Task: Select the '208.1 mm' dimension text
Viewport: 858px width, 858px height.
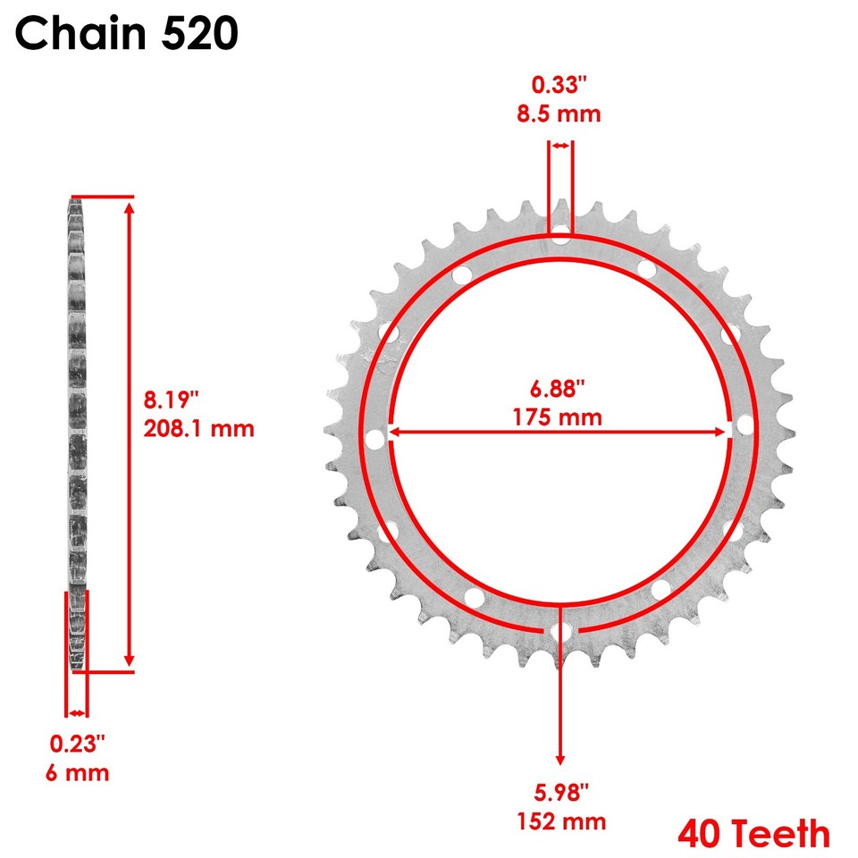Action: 199,428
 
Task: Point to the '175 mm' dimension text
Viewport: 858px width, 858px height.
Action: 559,416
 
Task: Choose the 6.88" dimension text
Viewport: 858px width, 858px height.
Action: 559,389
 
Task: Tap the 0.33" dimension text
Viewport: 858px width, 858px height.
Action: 560,86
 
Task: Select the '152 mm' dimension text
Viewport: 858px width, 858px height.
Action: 561,821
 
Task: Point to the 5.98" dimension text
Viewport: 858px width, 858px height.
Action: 561,793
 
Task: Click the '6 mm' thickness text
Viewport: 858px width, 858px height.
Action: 78,772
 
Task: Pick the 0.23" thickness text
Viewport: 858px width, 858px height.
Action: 77,744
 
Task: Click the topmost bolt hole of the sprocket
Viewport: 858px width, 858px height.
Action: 560,236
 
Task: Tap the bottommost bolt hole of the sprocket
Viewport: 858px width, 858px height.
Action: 560,632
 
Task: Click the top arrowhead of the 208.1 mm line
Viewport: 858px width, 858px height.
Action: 130,208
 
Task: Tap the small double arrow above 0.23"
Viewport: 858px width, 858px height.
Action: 77,712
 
